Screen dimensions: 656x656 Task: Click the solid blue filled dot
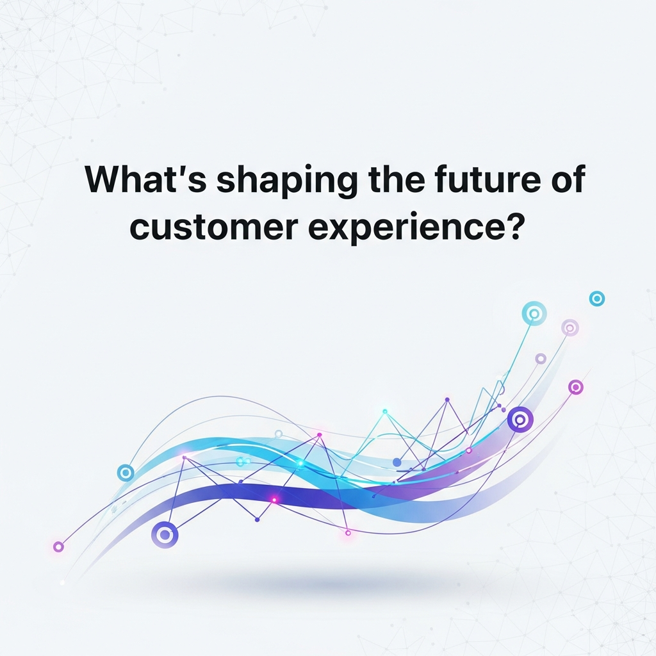(397, 463)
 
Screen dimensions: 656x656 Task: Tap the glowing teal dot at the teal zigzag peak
(385, 412)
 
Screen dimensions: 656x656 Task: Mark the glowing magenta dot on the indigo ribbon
(274, 500)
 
